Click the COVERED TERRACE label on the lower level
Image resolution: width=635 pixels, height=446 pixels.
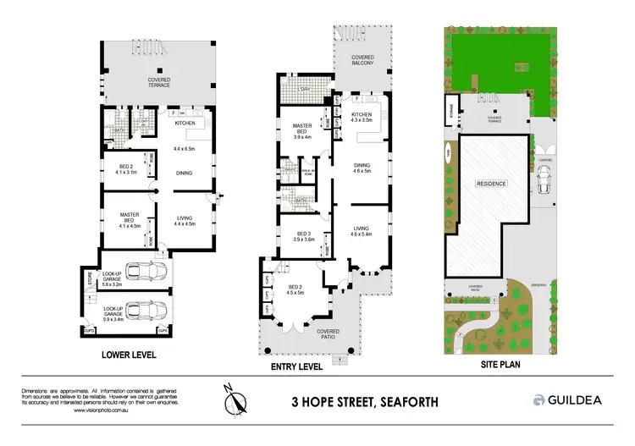coord(159,82)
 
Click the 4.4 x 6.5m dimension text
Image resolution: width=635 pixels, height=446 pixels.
coord(185,149)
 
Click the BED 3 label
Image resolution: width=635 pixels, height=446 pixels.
coord(302,236)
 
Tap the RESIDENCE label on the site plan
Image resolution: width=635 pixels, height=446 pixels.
coord(491,183)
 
